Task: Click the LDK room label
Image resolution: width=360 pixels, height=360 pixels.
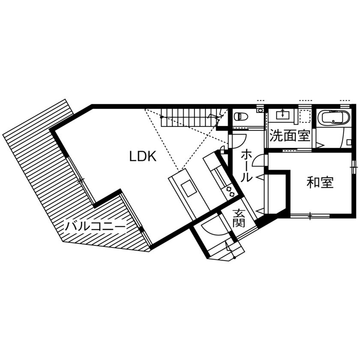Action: pyautogui.click(x=143, y=156)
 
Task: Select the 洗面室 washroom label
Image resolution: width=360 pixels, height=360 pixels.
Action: pyautogui.click(x=290, y=136)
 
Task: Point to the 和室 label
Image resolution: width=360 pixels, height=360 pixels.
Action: pyautogui.click(x=320, y=183)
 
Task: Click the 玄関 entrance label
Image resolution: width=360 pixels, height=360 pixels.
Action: pyautogui.click(x=239, y=218)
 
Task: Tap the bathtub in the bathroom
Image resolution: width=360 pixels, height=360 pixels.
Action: pyautogui.click(x=333, y=117)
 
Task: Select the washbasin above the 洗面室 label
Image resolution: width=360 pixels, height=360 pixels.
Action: pyautogui.click(x=283, y=114)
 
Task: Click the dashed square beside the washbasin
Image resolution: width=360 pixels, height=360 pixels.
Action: pyautogui.click(x=304, y=116)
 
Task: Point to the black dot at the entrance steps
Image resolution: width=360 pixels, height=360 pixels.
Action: pyautogui.click(x=234, y=258)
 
